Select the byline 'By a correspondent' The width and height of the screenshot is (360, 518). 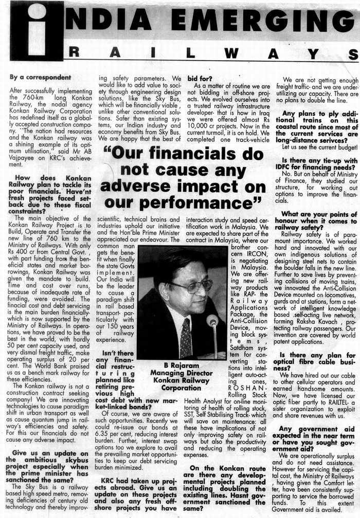(40, 78)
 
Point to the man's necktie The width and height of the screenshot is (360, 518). (185, 339)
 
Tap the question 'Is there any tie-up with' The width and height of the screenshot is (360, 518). (319, 160)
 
